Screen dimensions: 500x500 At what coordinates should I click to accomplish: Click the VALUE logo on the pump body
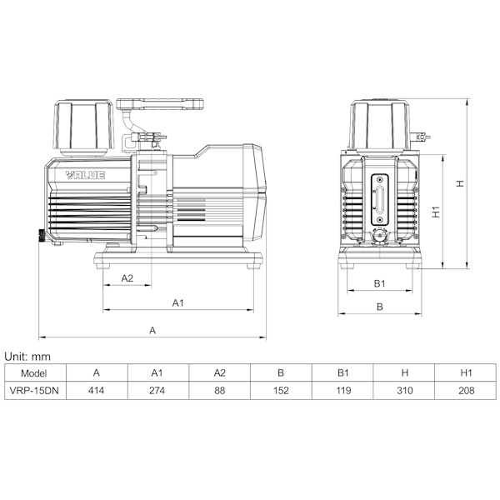pyautogui.click(x=85, y=175)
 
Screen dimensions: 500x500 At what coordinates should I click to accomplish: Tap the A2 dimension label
pyautogui.click(x=127, y=278)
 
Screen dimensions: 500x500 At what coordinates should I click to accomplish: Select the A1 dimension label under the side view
pyautogui.click(x=178, y=302)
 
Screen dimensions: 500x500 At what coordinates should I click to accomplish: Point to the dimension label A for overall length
pyautogui.click(x=152, y=330)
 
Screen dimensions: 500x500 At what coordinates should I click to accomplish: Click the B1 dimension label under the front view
pyautogui.click(x=379, y=283)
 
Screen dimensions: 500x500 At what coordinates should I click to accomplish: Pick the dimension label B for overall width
pyautogui.click(x=379, y=307)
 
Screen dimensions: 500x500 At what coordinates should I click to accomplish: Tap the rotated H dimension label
pyautogui.click(x=460, y=183)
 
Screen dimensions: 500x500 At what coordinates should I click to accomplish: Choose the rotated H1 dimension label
pyautogui.click(x=436, y=212)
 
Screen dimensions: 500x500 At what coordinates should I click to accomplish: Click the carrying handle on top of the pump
pyautogui.click(x=160, y=104)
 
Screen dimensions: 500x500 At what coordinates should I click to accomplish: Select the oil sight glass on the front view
pyautogui.click(x=380, y=199)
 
